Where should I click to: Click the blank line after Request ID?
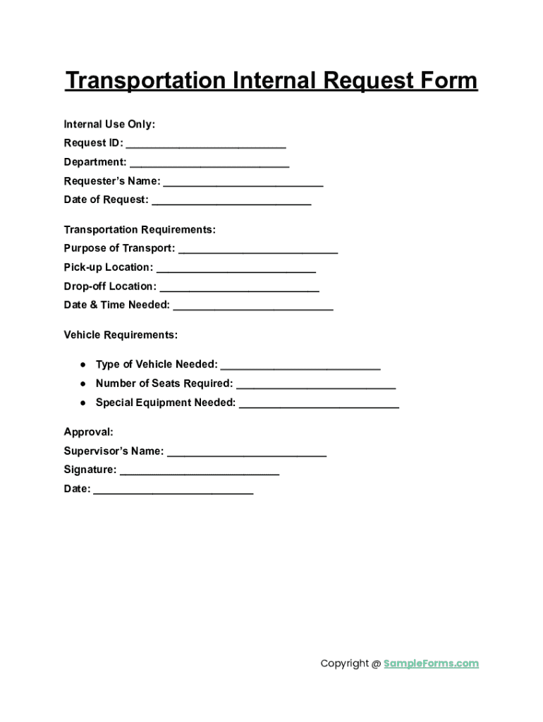pos(206,145)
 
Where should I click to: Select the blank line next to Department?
pos(209,164)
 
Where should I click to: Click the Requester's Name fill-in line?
pos(243,183)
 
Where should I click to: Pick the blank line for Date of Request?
pos(231,202)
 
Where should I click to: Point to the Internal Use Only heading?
pos(109,125)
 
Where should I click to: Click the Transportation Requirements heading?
pos(140,230)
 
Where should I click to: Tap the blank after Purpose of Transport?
pos(258,250)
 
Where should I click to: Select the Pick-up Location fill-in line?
pos(236,269)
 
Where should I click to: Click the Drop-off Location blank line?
pos(240,288)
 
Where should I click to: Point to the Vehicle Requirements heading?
pos(121,335)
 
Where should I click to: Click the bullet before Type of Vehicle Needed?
pos(83,365)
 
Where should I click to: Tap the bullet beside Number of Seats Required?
pos(83,384)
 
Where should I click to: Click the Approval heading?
pos(88,432)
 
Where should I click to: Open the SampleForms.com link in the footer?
pos(431,663)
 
